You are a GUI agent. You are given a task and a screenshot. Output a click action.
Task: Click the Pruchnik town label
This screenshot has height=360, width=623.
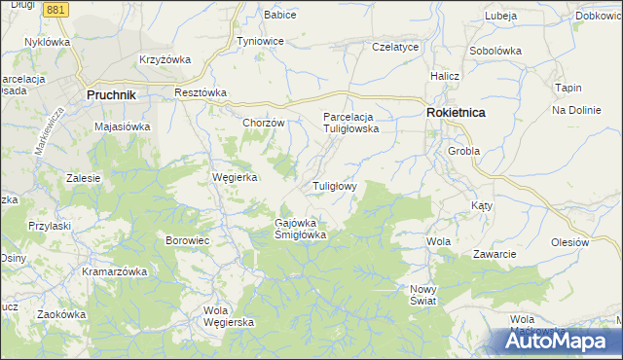pyautogui.click(x=110, y=94)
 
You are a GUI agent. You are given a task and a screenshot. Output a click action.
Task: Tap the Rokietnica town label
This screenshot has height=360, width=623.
pyautogui.click(x=456, y=113)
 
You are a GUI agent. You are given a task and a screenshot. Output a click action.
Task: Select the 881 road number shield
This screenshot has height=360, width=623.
pyautogui.click(x=56, y=9)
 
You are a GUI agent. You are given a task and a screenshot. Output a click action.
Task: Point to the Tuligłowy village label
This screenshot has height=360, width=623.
pyautogui.click(x=335, y=185)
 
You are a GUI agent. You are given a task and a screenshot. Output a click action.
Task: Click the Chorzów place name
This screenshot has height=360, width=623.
pyautogui.click(x=263, y=123)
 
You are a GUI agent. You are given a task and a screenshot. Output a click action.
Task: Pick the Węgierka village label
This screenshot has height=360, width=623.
pyautogui.click(x=235, y=177)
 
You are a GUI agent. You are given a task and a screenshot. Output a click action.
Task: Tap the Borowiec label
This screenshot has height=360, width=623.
pyautogui.click(x=188, y=239)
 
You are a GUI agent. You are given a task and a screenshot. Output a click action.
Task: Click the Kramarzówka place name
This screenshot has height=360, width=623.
pyautogui.click(x=113, y=271)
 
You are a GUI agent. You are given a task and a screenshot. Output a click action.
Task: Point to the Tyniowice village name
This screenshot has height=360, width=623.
pyautogui.click(x=260, y=42)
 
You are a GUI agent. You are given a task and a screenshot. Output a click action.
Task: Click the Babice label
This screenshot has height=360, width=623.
pyautogui.click(x=280, y=16)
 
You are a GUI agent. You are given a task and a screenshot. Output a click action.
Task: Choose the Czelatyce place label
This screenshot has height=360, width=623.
pyautogui.click(x=395, y=47)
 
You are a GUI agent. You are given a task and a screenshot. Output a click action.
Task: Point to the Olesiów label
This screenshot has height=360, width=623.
pyautogui.click(x=570, y=241)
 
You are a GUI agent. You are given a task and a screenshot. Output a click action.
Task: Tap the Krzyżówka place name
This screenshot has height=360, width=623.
pyautogui.click(x=165, y=59)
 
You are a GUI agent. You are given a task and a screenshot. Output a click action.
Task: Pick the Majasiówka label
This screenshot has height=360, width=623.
pyautogui.click(x=122, y=126)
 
